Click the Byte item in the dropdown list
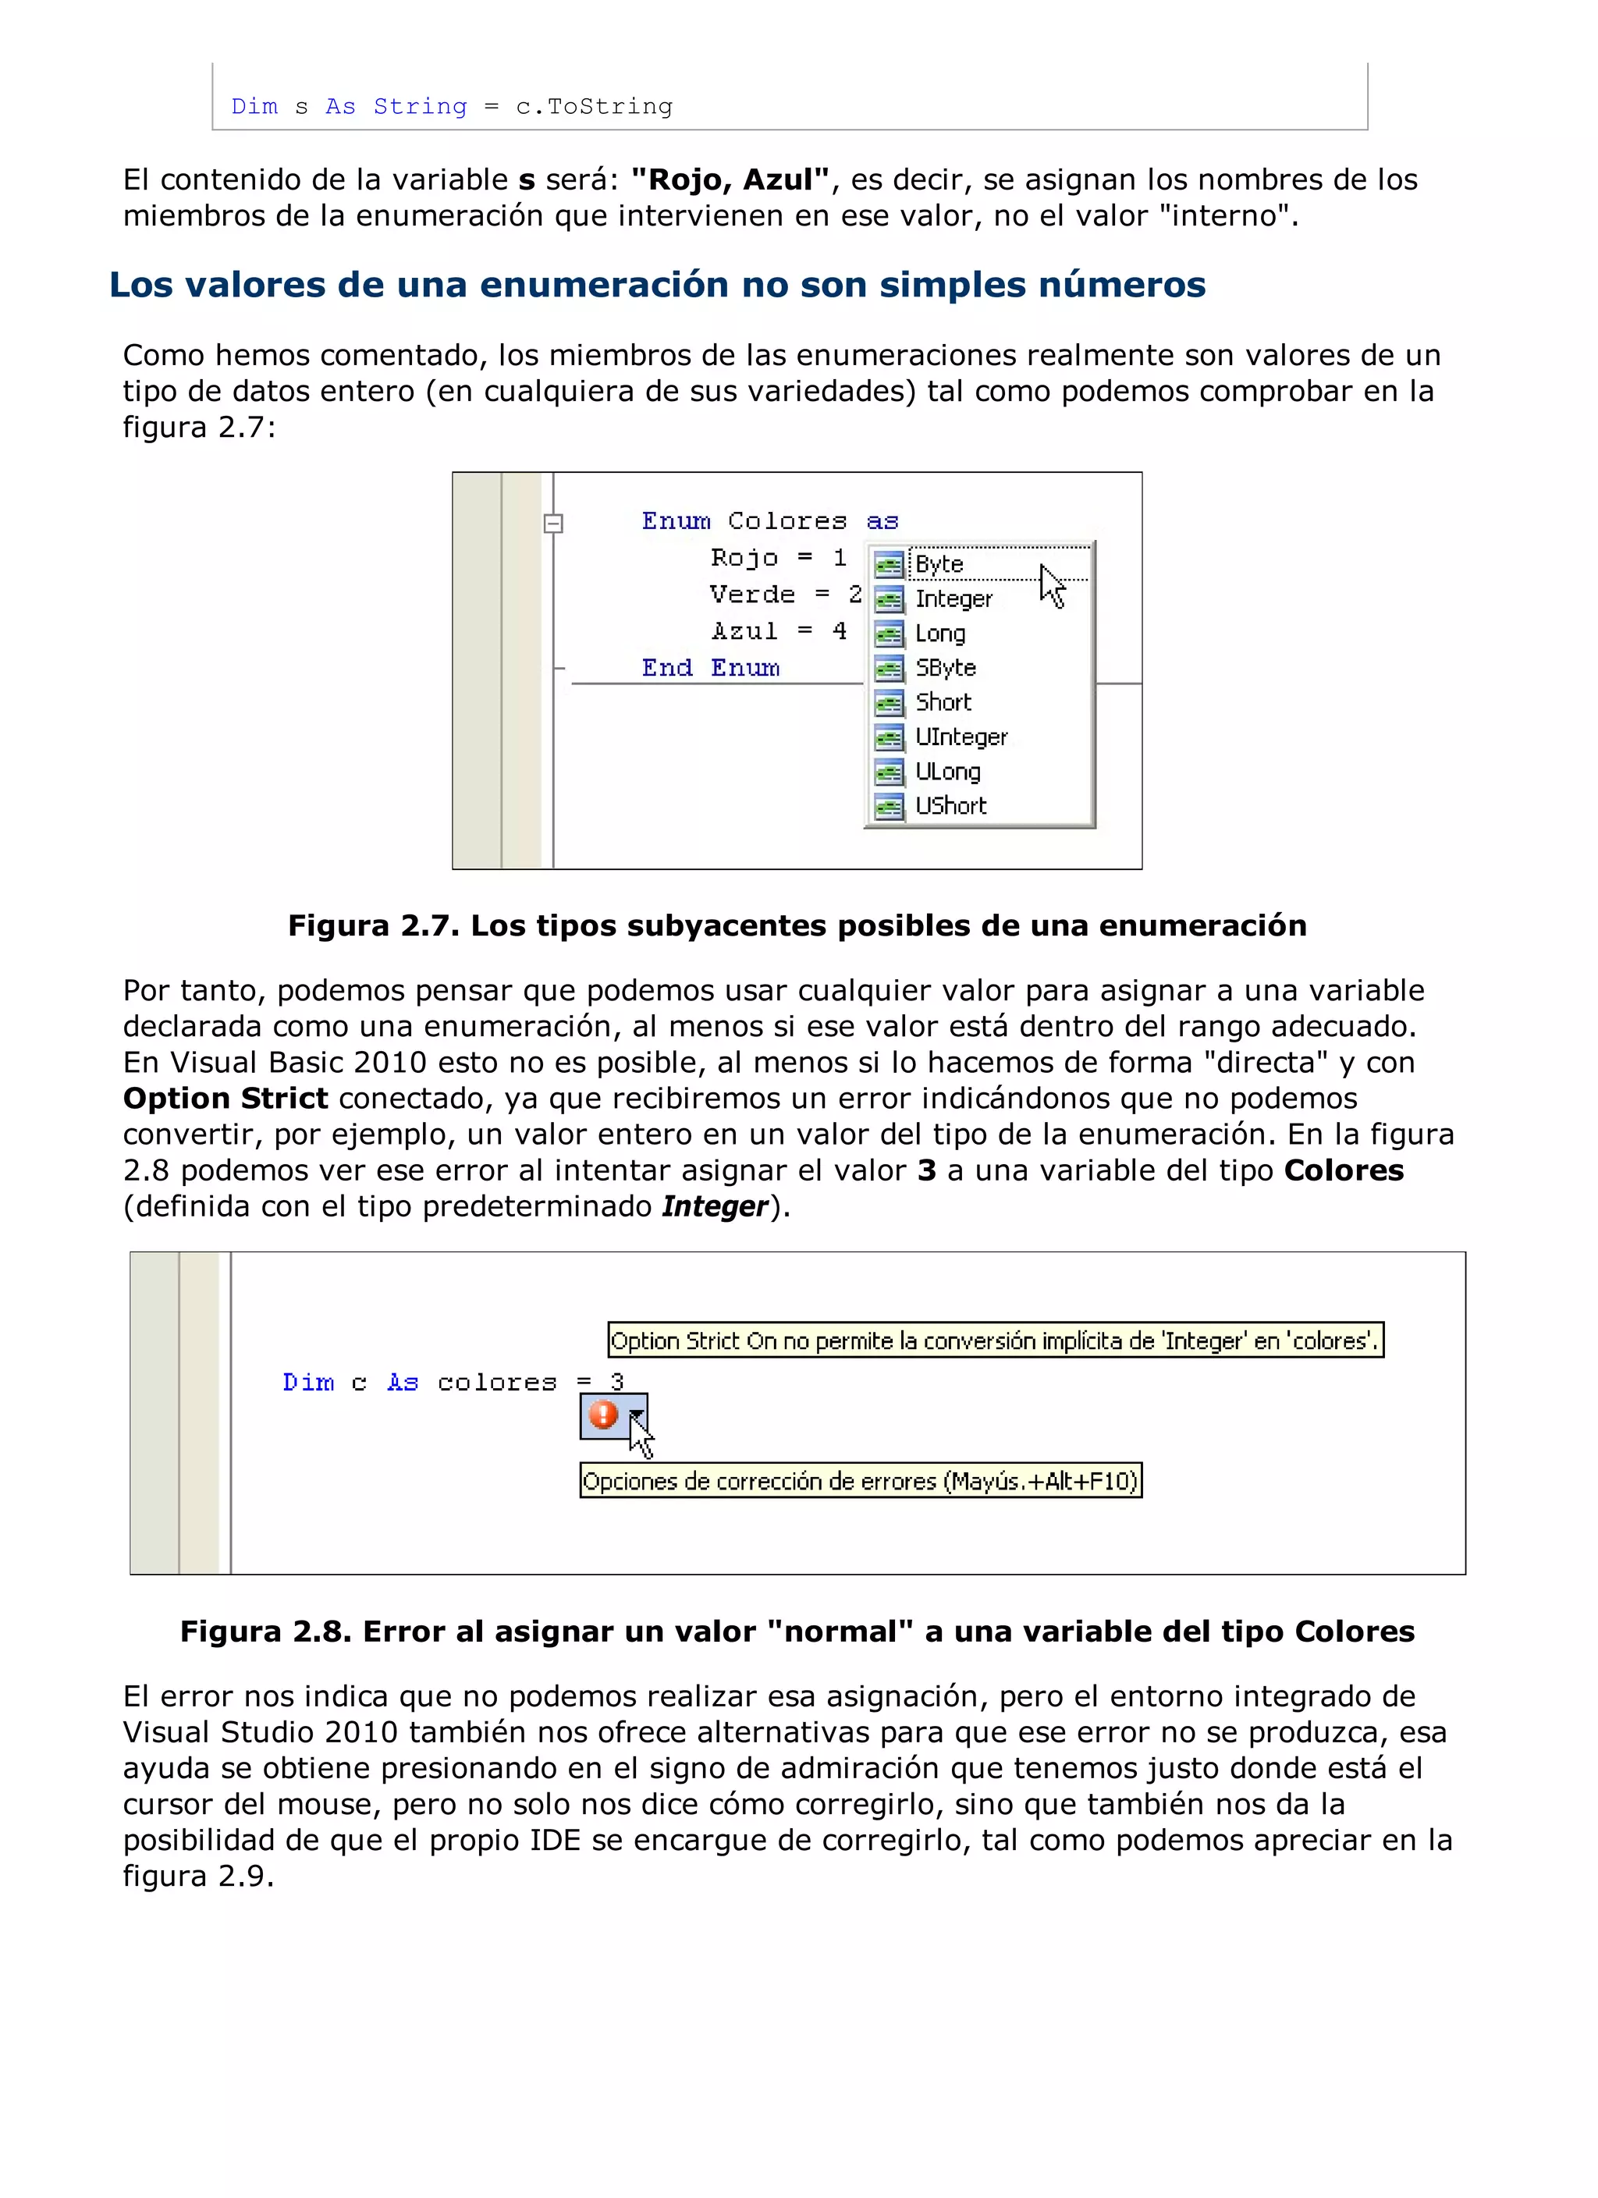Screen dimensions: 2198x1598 tap(939, 564)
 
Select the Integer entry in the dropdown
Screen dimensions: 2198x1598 tap(953, 599)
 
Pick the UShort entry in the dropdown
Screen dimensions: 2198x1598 tap(950, 805)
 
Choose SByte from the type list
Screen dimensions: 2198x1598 tap(945, 668)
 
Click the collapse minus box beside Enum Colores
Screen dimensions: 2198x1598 tap(553, 524)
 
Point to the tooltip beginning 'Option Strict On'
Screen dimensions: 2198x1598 tap(994, 1340)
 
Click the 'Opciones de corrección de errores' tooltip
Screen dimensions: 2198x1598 tap(861, 1481)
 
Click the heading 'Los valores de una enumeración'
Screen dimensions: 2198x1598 tap(657, 284)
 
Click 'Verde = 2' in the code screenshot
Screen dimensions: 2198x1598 tap(785, 594)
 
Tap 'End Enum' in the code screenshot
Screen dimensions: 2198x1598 tap(710, 668)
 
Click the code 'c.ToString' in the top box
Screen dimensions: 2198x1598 tap(593, 107)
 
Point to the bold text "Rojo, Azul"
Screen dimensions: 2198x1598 tap(730, 179)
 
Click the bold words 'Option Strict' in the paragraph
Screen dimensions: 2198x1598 tap(225, 1098)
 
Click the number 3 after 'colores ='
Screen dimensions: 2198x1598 tap(616, 1381)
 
